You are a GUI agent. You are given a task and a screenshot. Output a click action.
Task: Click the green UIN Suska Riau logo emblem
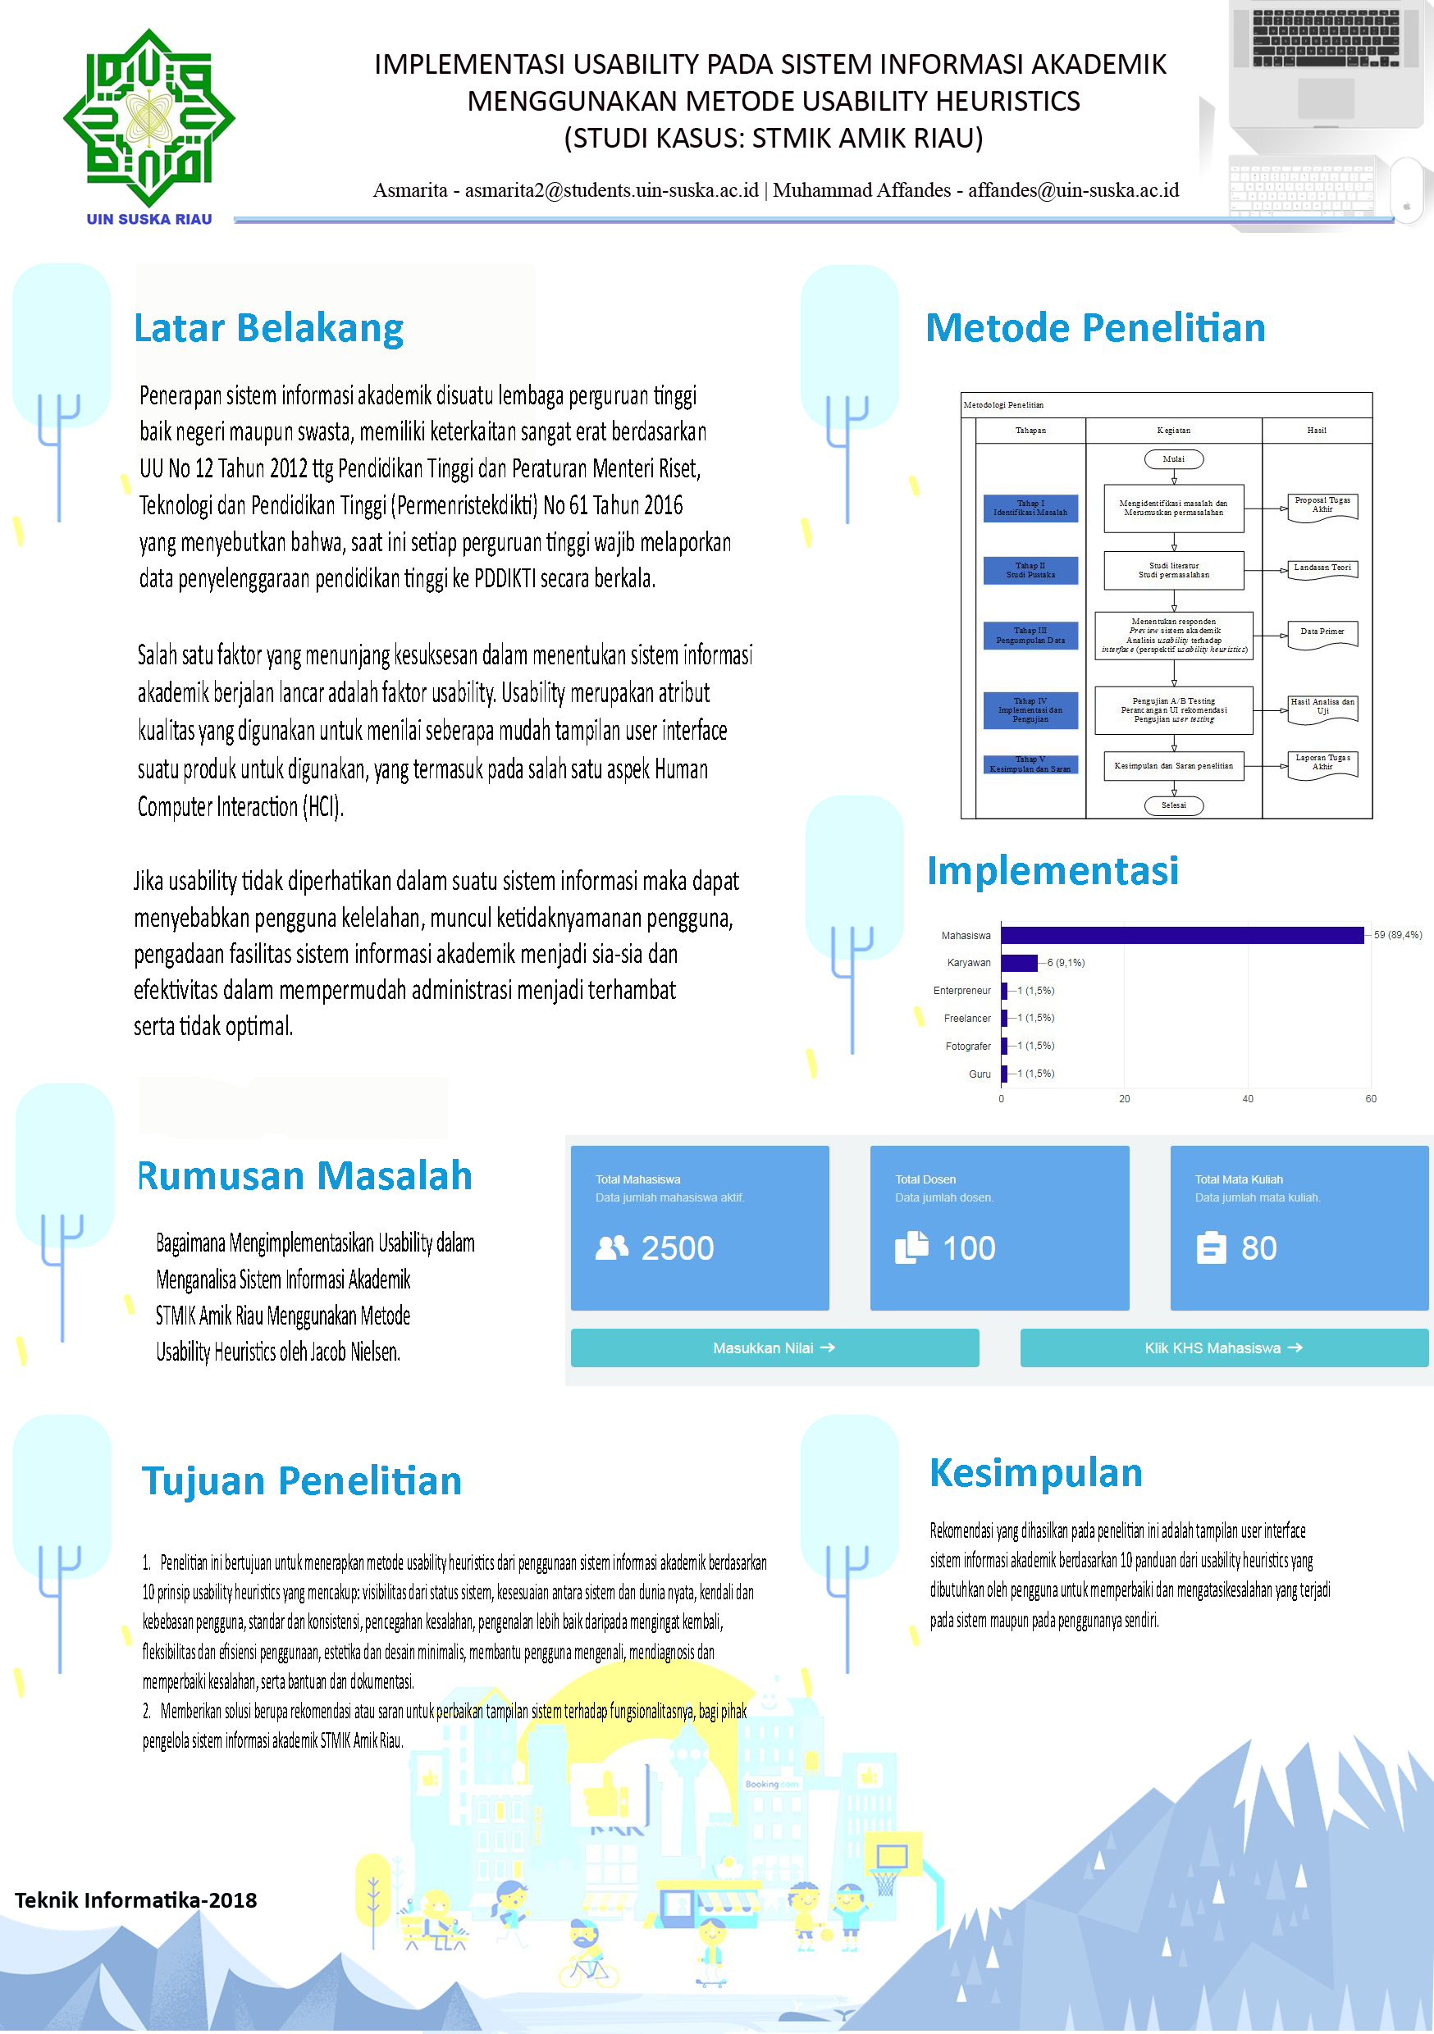(x=148, y=117)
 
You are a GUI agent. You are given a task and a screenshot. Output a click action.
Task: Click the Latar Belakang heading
(x=268, y=328)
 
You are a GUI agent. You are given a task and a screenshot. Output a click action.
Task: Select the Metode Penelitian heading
(x=1094, y=328)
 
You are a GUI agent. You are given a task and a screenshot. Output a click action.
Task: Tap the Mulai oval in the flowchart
(x=1172, y=459)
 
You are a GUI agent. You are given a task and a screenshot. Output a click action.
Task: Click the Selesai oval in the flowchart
(x=1172, y=805)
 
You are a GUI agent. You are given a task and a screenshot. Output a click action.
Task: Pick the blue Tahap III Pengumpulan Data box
(x=1030, y=635)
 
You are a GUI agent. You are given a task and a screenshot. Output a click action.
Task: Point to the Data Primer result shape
(x=1322, y=634)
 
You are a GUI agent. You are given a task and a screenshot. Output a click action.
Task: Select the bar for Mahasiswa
(x=1181, y=935)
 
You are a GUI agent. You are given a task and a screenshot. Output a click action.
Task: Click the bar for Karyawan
(x=1018, y=963)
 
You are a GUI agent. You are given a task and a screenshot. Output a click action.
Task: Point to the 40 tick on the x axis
(x=1247, y=1098)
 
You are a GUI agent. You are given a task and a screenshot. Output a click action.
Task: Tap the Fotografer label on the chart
(x=967, y=1047)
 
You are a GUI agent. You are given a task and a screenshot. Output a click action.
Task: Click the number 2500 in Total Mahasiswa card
(x=677, y=1248)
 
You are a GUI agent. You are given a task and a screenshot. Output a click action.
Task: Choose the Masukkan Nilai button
(x=774, y=1348)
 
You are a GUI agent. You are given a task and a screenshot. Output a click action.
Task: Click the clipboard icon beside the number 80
(x=1211, y=1248)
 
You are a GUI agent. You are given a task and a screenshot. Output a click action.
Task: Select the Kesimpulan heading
(x=1035, y=1473)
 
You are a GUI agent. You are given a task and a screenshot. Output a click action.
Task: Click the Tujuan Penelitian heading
(x=301, y=1481)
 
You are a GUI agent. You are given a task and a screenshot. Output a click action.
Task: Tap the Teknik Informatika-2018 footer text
(x=135, y=1900)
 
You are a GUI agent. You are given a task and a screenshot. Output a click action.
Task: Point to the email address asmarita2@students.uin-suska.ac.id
(x=611, y=190)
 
